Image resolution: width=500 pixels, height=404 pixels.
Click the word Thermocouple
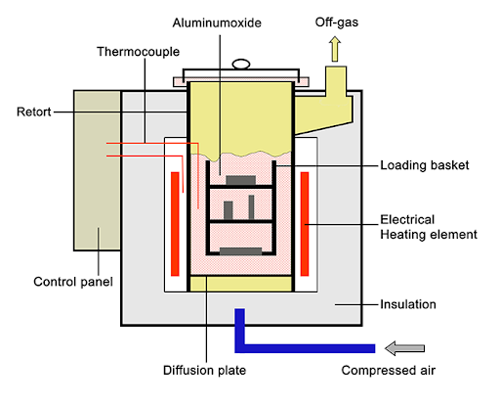click(x=135, y=52)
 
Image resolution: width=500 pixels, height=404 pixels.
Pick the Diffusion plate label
click(x=205, y=371)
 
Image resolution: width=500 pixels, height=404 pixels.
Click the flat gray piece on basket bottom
click(x=240, y=252)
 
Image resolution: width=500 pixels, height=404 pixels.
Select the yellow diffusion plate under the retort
click(x=240, y=284)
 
